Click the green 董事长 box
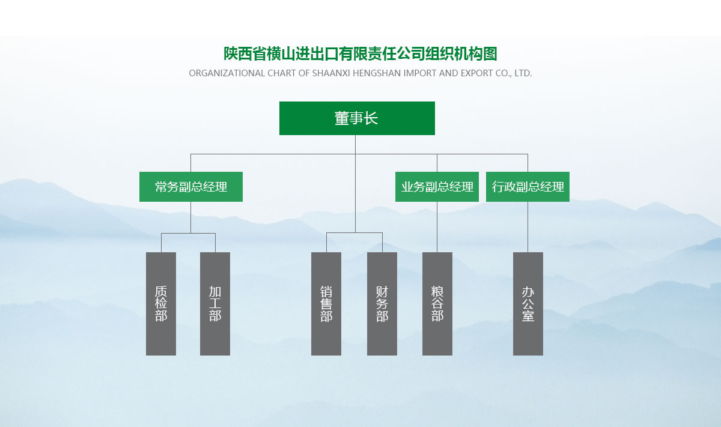[x=357, y=118]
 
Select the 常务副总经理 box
[x=191, y=187]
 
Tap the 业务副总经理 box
[x=437, y=187]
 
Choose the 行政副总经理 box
[x=528, y=187]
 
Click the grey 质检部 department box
[x=161, y=303]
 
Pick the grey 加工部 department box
[x=215, y=303]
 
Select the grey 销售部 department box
[x=326, y=303]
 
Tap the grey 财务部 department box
[x=382, y=303]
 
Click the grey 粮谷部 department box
[x=437, y=303]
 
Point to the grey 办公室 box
[x=528, y=303]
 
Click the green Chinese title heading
[x=360, y=53]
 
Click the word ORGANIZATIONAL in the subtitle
[x=227, y=73]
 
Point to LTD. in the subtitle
[x=523, y=73]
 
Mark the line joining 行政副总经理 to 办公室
[x=528, y=227]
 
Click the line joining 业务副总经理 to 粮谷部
[x=437, y=227]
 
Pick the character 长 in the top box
[x=371, y=118]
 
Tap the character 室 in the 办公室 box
[x=528, y=316]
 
